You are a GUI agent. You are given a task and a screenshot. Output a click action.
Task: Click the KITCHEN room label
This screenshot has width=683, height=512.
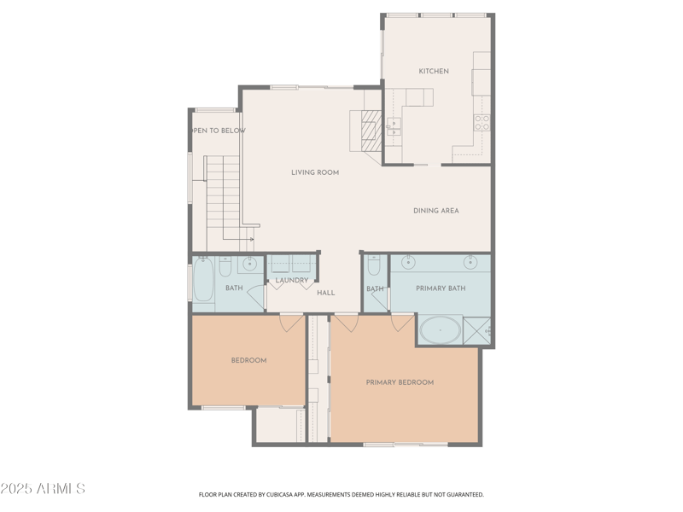click(x=434, y=72)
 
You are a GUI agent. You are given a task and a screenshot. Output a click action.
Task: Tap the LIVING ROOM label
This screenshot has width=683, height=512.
click(x=315, y=172)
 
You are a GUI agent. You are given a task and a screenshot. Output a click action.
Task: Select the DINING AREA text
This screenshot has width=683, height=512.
click(x=436, y=211)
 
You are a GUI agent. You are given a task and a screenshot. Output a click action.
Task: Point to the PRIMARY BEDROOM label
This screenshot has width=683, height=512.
click(x=400, y=382)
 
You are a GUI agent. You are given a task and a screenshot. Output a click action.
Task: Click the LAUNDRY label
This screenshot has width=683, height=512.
click(x=292, y=280)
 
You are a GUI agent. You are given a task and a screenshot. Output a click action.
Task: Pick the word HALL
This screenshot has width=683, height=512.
click(x=326, y=293)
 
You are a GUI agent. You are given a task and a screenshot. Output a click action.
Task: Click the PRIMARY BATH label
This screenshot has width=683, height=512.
click(x=441, y=288)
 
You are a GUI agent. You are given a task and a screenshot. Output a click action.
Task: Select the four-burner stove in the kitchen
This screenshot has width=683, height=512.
click(x=482, y=122)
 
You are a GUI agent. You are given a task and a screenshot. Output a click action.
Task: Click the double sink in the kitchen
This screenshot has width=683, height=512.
click(x=394, y=127)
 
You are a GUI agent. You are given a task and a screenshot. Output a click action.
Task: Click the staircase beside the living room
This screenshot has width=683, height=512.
click(x=224, y=198)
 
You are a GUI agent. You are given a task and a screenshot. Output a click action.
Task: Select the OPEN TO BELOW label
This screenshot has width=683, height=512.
click(x=219, y=131)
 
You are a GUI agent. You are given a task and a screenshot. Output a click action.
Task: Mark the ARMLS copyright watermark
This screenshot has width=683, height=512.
click(x=43, y=489)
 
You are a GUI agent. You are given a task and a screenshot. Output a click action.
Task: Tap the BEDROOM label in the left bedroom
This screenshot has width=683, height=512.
click(x=248, y=360)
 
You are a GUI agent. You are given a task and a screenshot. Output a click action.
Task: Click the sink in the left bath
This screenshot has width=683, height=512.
click(x=250, y=263)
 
